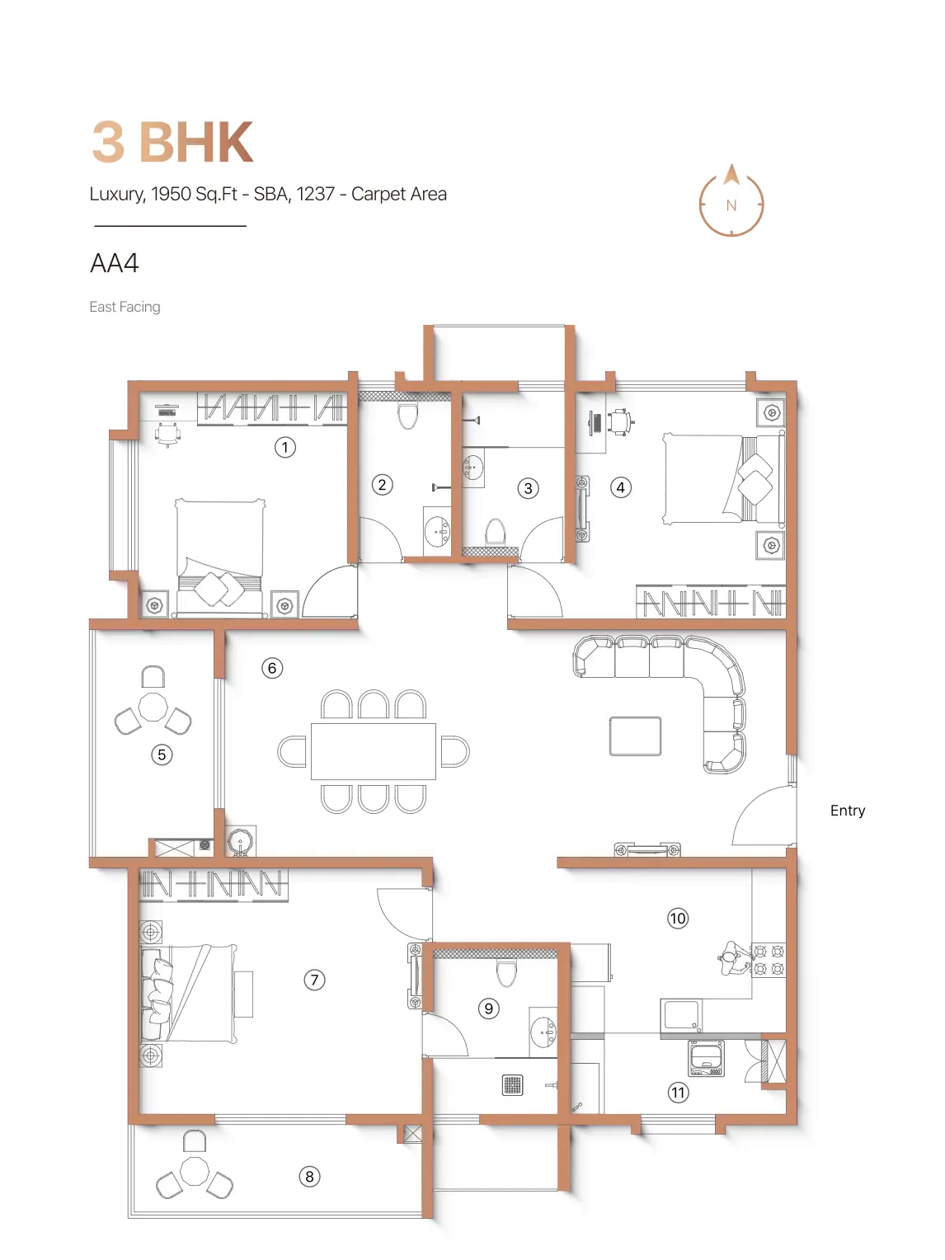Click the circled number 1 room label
point(285,447)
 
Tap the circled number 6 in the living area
point(272,668)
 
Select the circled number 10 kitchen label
point(678,919)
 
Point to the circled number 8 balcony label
point(309,1177)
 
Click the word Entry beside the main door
point(848,811)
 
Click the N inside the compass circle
point(731,205)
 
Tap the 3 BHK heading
point(172,142)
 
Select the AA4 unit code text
point(114,264)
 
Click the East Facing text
point(125,307)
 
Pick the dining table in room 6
point(373,751)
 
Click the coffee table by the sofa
point(635,736)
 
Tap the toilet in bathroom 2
point(408,416)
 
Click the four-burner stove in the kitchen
point(769,961)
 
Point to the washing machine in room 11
point(707,1059)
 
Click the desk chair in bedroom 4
point(619,422)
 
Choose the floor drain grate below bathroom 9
point(512,1084)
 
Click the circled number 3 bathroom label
point(528,488)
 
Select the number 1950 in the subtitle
point(171,194)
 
